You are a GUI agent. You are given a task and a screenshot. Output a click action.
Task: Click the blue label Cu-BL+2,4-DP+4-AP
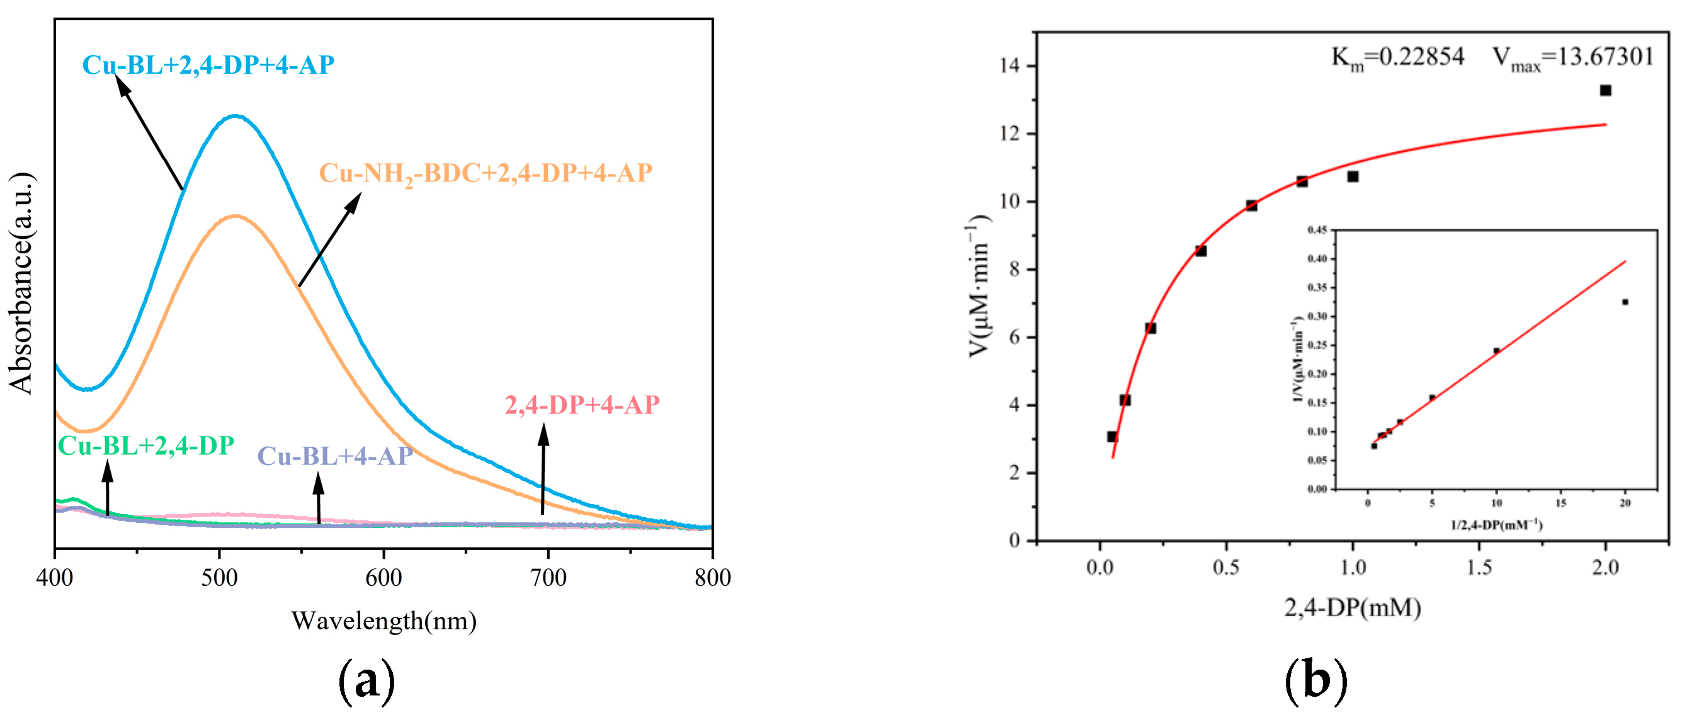tap(208, 66)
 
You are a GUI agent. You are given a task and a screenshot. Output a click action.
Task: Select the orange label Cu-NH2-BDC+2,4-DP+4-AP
tap(485, 174)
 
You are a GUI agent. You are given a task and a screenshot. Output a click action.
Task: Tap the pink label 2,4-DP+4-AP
tap(582, 406)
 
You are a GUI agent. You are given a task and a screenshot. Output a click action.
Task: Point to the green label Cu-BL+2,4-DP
tap(145, 446)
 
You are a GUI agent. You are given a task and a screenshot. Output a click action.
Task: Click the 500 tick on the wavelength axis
tap(219, 577)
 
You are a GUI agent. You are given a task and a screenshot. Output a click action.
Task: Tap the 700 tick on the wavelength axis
tap(548, 577)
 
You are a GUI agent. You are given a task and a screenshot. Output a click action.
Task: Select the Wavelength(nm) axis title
tap(384, 621)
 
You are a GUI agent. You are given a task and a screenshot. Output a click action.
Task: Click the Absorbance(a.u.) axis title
tap(21, 283)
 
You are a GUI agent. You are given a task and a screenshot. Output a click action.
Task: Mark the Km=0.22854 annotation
tap(1397, 57)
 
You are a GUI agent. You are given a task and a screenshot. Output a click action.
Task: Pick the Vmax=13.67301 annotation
tap(1573, 57)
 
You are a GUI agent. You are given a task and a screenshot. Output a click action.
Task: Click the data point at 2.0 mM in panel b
tap(1606, 91)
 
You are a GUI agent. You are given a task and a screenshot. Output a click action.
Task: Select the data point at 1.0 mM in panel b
tap(1353, 177)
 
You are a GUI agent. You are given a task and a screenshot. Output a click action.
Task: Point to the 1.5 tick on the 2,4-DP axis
tap(1479, 568)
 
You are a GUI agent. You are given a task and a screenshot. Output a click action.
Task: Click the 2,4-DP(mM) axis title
tap(1352, 608)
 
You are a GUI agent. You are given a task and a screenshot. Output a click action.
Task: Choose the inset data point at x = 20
tap(1625, 302)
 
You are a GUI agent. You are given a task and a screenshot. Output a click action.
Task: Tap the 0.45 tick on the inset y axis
tap(1317, 230)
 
